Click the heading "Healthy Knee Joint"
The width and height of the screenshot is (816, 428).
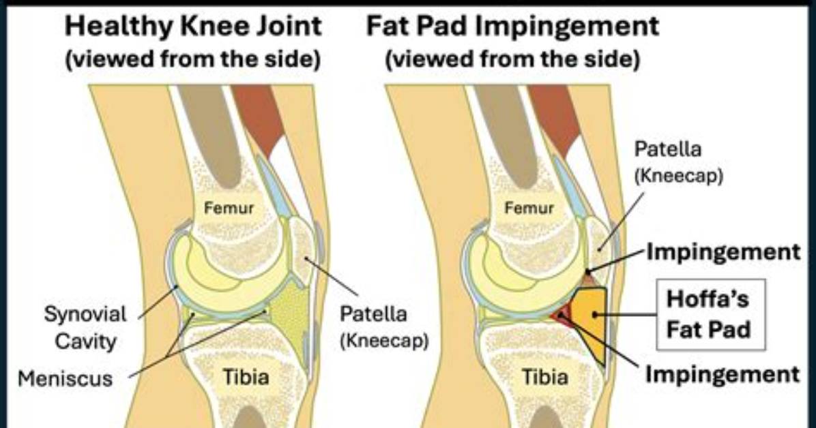(x=193, y=27)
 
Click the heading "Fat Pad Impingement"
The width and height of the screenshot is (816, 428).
(x=512, y=27)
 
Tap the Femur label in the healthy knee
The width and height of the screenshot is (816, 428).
(x=229, y=208)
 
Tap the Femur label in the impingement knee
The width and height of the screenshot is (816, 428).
(x=529, y=208)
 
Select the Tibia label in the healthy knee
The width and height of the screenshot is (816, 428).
(x=246, y=376)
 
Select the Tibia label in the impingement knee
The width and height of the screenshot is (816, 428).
(x=545, y=376)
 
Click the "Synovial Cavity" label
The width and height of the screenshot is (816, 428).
(x=85, y=328)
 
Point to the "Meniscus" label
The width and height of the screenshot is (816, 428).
(x=65, y=378)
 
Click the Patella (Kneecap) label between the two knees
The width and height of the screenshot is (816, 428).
(x=384, y=328)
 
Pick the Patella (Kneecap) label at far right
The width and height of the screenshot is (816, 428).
(x=679, y=162)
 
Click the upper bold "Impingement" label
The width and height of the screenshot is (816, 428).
(x=723, y=252)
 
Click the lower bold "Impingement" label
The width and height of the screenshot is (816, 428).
(x=723, y=374)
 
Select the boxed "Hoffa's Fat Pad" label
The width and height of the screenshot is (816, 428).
(x=710, y=314)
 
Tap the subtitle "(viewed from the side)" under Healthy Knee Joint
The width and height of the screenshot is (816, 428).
(x=193, y=59)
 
